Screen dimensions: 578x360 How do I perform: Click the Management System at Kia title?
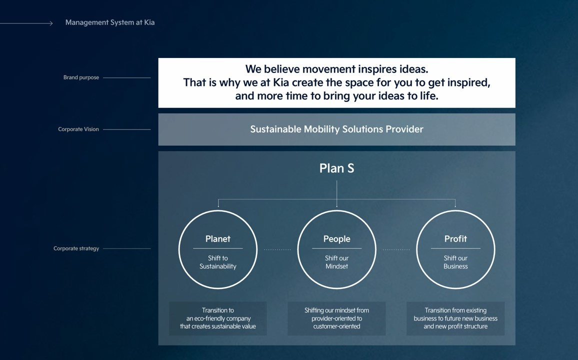click(110, 22)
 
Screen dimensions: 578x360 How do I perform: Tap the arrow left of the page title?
click(26, 23)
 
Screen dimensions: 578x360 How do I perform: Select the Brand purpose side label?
click(81, 77)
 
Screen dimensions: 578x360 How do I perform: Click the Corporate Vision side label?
click(78, 129)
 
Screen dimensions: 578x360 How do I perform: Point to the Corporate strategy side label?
click(76, 248)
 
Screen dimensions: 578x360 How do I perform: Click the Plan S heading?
click(336, 168)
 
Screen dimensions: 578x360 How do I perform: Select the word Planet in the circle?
click(218, 239)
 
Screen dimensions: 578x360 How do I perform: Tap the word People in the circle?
click(336, 239)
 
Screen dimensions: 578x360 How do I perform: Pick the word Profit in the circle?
click(455, 239)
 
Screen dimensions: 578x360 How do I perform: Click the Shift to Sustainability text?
click(218, 262)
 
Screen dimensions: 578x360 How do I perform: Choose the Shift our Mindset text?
click(336, 262)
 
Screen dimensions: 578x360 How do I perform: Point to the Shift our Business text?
click(455, 262)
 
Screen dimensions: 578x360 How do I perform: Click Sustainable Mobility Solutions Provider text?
click(336, 129)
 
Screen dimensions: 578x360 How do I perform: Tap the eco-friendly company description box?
click(218, 318)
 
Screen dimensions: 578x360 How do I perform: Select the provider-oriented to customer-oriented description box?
click(336, 318)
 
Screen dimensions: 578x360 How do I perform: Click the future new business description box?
click(455, 318)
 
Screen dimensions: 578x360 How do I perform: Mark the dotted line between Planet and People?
click(277, 249)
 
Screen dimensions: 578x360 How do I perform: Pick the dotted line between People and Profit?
click(396, 249)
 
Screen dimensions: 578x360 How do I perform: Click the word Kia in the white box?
click(281, 82)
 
